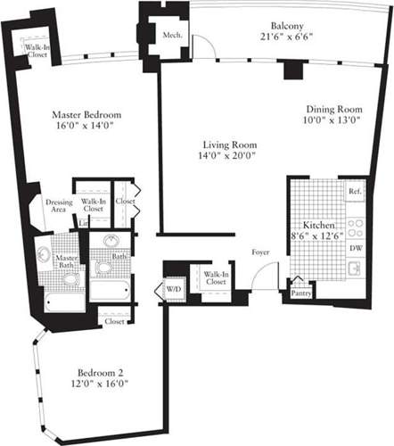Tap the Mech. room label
point(172,36)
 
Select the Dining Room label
point(327,115)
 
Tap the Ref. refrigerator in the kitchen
point(353,192)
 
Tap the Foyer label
point(260,252)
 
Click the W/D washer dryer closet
point(170,289)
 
